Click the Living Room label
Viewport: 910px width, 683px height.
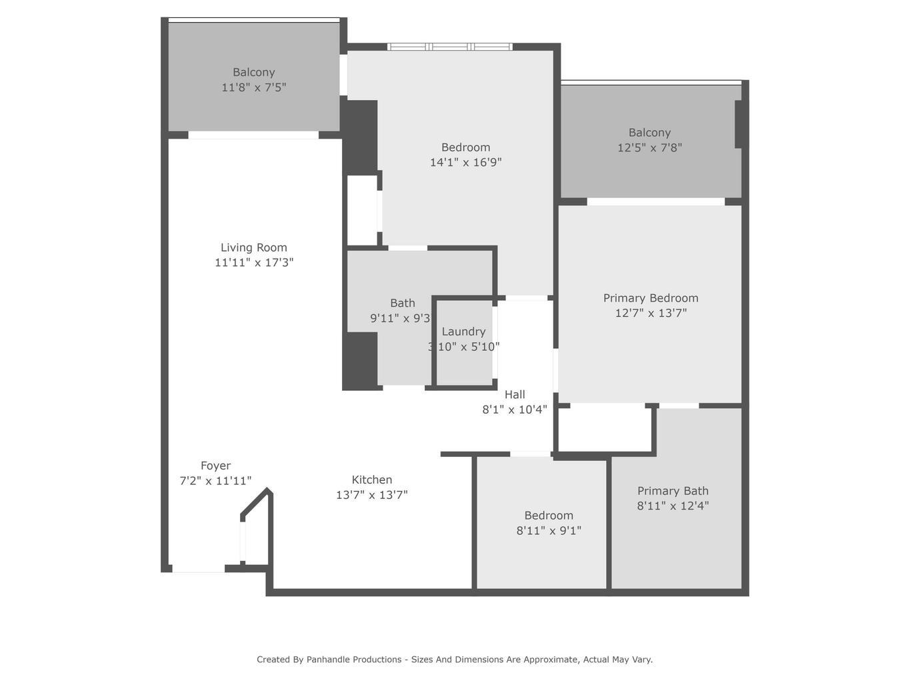(253, 247)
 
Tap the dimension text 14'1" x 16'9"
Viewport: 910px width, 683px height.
(465, 162)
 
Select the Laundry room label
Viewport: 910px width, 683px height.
(463, 331)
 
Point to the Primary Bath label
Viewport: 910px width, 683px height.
(673, 491)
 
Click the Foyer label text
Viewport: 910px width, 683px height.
(215, 466)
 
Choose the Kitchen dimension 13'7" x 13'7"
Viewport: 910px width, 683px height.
(371, 495)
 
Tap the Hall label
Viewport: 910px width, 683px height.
(515, 394)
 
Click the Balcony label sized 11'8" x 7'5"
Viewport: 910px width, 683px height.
(253, 72)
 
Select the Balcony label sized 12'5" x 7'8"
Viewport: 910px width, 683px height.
(649, 133)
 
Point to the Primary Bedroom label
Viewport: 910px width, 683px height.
(651, 298)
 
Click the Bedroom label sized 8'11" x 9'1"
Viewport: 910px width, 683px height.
(548, 516)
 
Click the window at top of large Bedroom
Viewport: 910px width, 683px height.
(450, 47)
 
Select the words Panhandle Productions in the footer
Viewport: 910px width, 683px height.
(353, 660)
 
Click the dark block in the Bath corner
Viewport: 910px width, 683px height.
(360, 360)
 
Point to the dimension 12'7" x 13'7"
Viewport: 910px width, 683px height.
(651, 313)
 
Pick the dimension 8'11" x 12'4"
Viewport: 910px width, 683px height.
(673, 506)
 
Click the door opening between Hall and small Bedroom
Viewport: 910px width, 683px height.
(530, 454)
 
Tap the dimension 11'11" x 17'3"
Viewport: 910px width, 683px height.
(253, 263)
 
